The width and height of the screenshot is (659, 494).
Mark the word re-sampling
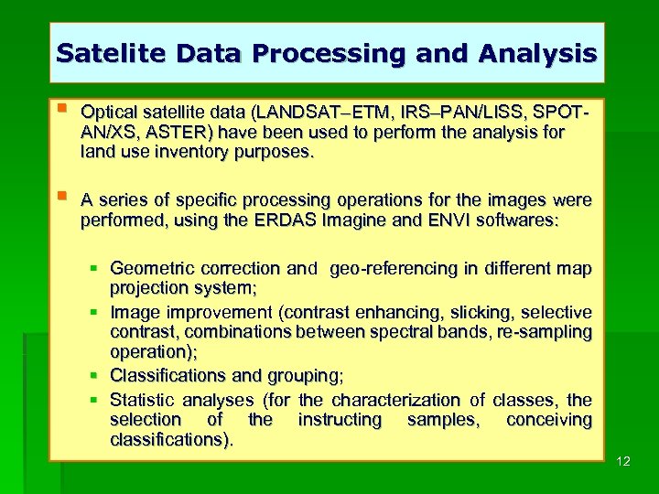coord(549,331)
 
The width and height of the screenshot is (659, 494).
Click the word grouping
coord(302,376)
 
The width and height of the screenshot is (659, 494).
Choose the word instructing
coord(340,420)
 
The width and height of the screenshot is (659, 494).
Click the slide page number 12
coord(623,461)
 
